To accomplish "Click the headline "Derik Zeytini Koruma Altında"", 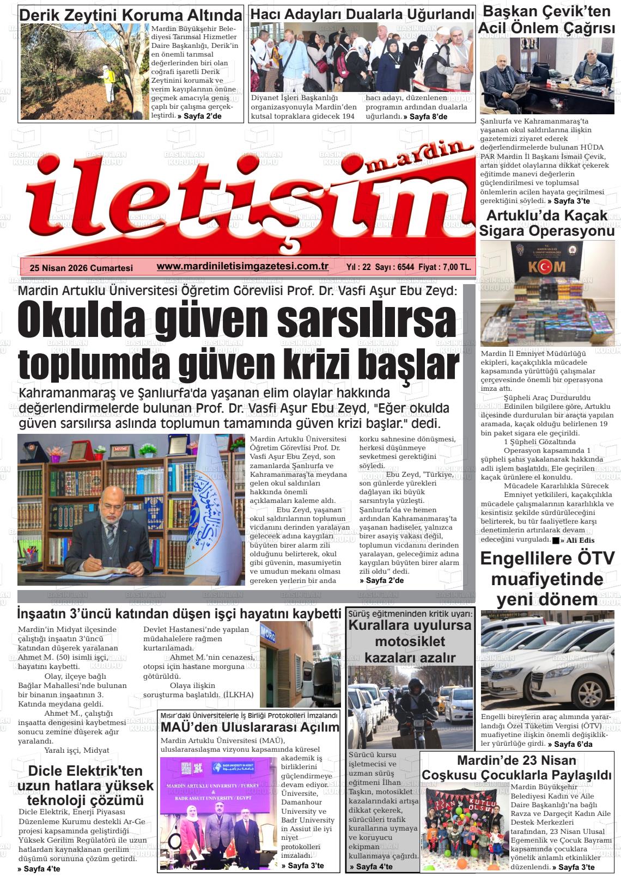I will (131, 15).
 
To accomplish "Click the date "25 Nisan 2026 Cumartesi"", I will (82, 268).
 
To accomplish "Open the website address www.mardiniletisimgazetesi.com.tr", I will (242, 267).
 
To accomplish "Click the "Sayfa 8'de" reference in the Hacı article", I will (428, 116).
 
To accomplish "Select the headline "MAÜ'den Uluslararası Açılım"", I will (249, 727).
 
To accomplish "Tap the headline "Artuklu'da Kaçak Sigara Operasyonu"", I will (547, 223).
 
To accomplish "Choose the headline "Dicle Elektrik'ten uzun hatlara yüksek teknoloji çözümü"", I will (86, 785).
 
